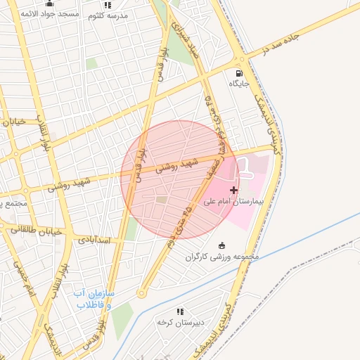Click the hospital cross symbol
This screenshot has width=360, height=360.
pos(234,190)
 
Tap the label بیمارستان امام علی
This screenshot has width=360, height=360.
pos(233,200)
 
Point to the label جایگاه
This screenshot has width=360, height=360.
pos(239,84)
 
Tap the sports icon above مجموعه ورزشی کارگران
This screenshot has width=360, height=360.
pos(222,245)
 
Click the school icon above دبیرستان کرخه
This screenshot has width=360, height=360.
pos(181,311)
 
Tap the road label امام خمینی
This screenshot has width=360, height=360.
pos(22,274)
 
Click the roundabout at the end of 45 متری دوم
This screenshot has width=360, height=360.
pos(141,294)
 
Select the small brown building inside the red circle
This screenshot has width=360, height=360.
pos(162,200)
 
